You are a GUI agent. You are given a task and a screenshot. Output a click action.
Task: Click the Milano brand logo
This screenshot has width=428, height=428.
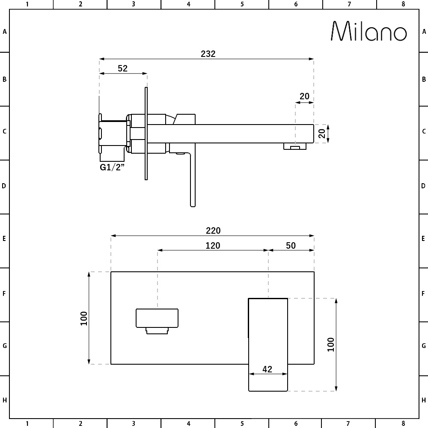tap(369, 31)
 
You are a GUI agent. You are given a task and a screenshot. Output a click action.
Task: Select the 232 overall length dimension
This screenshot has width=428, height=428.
tap(208, 54)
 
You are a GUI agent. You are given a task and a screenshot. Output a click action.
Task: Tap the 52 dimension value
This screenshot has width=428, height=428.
tap(122, 68)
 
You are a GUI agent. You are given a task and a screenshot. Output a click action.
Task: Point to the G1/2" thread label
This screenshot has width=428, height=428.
tap(112, 167)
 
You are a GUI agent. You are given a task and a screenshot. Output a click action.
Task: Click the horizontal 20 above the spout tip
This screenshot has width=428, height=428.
tap(304, 96)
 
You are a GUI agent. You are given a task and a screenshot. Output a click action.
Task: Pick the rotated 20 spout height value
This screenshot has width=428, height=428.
tap(322, 134)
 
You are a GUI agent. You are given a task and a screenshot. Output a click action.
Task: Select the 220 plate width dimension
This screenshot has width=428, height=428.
tap(213, 231)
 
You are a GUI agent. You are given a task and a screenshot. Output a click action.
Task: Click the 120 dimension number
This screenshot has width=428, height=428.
tap(213, 245)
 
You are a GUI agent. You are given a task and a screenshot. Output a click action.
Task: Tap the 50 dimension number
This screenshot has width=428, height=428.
tap(291, 245)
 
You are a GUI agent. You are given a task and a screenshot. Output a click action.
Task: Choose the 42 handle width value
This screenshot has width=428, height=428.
tap(267, 369)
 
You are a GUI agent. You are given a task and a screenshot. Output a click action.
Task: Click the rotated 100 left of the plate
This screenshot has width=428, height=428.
tap(84, 318)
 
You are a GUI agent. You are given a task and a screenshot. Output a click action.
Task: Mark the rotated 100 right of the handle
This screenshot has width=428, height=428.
tap(330, 345)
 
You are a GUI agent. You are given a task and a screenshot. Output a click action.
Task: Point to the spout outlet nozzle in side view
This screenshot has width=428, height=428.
tap(294, 147)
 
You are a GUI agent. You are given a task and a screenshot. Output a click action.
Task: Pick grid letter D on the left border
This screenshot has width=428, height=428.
tap(4, 186)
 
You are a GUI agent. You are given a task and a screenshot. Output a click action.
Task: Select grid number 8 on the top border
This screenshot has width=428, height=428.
tap(403, 4)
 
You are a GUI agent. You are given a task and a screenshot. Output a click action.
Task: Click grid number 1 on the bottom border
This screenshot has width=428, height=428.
tap(27, 424)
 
